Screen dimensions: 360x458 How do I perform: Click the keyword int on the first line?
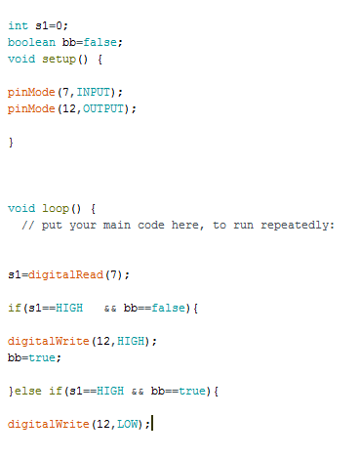click(x=18, y=25)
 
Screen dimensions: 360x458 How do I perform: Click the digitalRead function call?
click(x=69, y=274)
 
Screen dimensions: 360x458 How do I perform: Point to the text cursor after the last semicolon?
click(x=153, y=424)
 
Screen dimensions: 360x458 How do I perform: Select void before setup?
click(x=21, y=59)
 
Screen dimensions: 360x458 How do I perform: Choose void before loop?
click(x=21, y=208)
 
